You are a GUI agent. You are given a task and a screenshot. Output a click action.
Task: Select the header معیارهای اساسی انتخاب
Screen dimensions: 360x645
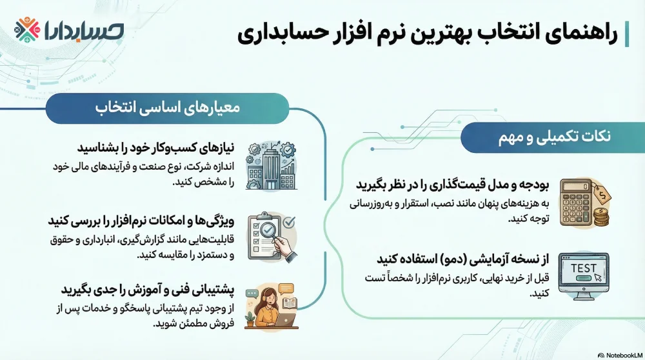coord(167,108)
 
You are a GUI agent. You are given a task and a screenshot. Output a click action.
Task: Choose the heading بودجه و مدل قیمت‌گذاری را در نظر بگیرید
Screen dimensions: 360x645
coord(452,185)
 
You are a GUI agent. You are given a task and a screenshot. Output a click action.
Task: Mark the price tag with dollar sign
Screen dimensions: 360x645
coord(603,194)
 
